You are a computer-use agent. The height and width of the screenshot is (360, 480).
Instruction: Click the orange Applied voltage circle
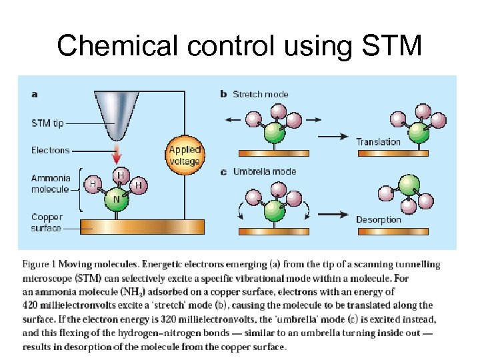[185, 155]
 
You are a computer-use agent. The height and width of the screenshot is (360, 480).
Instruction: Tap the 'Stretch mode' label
[261, 94]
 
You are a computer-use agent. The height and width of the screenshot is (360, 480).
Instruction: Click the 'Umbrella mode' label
[265, 171]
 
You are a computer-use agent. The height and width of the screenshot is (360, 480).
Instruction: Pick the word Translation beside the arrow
[378, 141]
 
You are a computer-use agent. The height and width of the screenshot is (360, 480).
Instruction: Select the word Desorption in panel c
[378, 219]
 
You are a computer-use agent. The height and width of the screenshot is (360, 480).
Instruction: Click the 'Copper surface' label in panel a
[47, 223]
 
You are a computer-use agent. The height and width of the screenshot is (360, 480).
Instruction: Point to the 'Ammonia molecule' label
[49, 183]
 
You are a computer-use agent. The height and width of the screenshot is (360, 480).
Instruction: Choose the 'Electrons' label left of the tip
[50, 150]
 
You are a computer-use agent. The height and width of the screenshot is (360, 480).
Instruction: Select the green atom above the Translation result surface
[419, 131]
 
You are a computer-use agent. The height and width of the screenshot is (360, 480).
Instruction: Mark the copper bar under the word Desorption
[392, 231]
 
